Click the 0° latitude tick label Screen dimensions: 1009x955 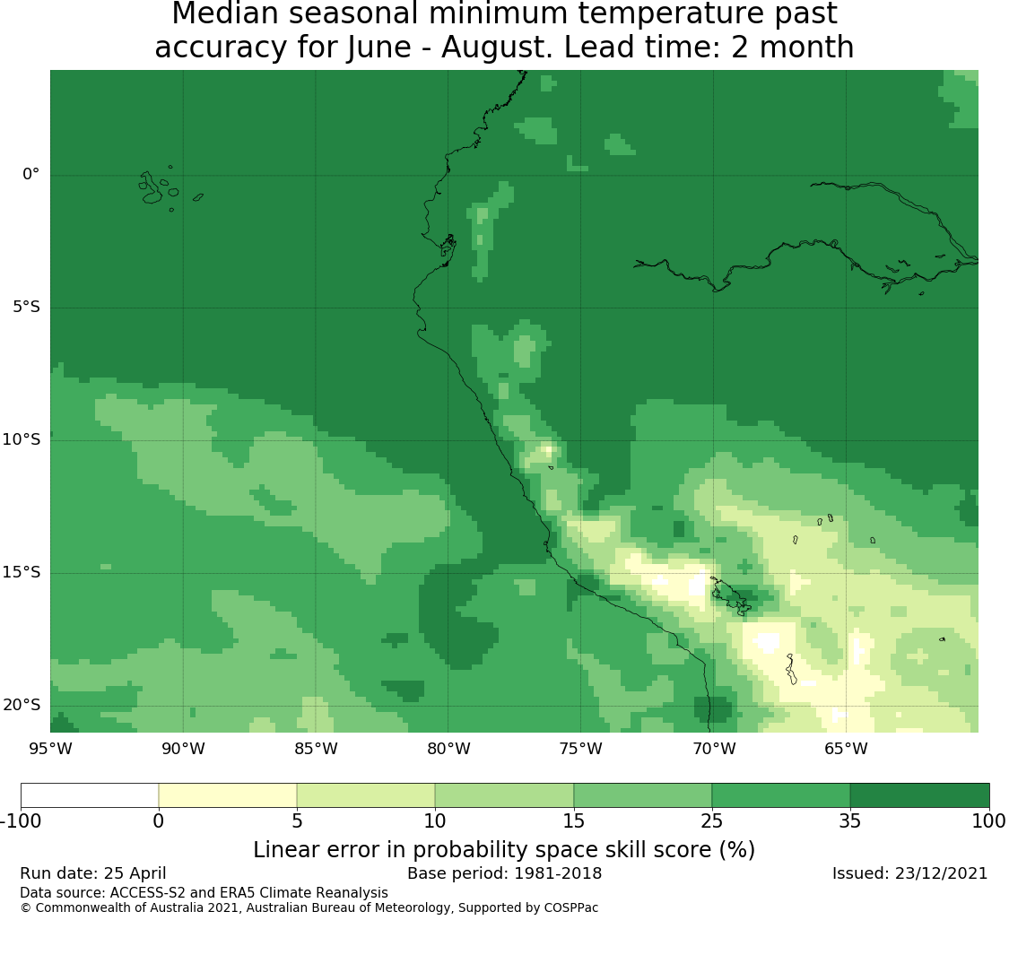pos(30,174)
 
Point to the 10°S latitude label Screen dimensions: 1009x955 pos(22,440)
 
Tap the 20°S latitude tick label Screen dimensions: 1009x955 pos(22,706)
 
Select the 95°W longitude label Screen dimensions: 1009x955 pos(51,749)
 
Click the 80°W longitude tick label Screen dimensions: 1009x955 pos(449,749)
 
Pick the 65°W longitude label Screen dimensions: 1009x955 pos(846,749)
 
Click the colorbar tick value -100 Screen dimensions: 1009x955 pos(21,821)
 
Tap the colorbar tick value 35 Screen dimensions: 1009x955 pos(850,821)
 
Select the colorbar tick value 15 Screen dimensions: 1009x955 pos(573,821)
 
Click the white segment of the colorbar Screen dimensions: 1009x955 pos(90,795)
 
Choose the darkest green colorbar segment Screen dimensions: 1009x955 pos(919,795)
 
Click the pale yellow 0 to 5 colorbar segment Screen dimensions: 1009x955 pos(228,795)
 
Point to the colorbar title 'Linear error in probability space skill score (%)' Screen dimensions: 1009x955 pos(504,850)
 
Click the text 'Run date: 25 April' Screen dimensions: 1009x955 pos(93,874)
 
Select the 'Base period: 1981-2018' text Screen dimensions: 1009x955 pos(504,873)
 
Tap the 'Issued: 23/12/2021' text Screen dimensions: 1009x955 pos(910,873)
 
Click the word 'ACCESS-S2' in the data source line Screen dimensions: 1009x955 pos(143,893)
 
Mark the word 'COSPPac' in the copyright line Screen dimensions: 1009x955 pos(571,908)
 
